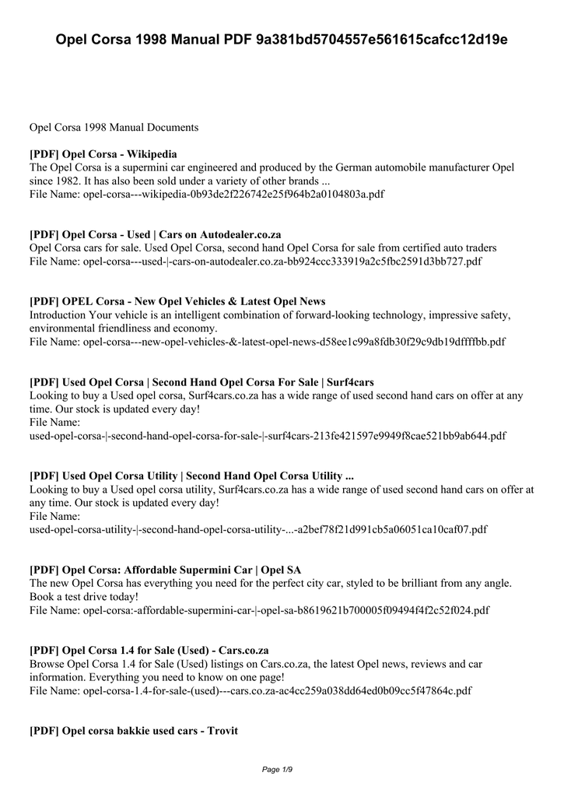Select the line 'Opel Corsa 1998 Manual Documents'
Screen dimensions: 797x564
[x=114, y=126]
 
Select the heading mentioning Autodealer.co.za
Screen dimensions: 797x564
[x=156, y=234]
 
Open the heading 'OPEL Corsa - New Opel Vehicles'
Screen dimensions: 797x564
[x=177, y=301]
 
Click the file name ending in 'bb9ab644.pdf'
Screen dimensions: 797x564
[x=268, y=435]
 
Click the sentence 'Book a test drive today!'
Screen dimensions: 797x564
[x=84, y=596]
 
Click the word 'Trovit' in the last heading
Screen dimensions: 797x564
[x=222, y=731]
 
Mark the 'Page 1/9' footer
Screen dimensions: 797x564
[x=282, y=770]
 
